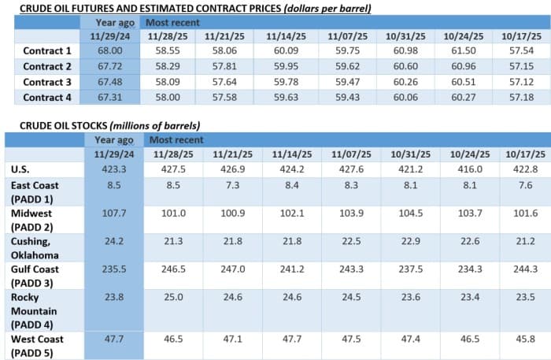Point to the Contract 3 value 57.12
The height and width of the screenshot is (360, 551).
coord(519,82)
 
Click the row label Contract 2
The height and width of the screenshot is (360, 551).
coord(47,66)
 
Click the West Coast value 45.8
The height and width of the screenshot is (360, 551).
coord(519,339)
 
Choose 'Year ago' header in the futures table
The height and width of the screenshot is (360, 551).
coord(113,22)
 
